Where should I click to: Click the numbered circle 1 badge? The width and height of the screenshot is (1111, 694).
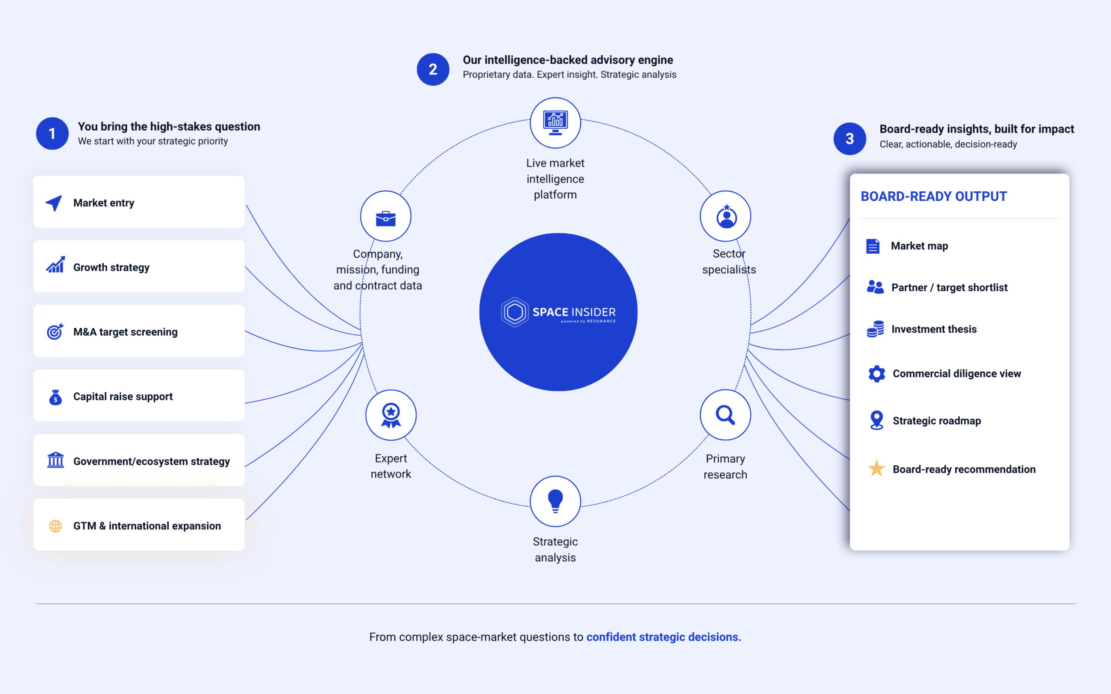(53, 134)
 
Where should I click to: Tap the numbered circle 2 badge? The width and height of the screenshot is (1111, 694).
(433, 69)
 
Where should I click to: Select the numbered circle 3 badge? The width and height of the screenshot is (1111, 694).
(850, 139)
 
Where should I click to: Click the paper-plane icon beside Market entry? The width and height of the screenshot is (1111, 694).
(54, 203)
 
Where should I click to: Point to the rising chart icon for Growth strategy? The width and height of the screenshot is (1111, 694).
(56, 265)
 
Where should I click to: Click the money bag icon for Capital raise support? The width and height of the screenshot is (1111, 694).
(56, 397)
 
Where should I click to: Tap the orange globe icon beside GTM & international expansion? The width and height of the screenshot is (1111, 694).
(56, 526)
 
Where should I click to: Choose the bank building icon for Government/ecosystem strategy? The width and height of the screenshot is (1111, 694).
(56, 460)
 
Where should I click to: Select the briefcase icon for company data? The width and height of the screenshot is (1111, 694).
(386, 219)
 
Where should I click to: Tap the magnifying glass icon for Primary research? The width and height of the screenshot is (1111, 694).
(725, 415)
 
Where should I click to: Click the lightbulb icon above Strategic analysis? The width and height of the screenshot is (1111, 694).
(555, 501)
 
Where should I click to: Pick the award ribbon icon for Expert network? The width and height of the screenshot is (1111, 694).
(391, 416)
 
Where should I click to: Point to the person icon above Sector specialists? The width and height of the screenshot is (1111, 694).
(726, 216)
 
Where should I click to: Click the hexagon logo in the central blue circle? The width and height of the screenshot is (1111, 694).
(515, 312)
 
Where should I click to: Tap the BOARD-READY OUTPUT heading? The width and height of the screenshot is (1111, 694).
(934, 196)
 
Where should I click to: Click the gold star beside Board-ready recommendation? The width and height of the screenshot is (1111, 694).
(876, 468)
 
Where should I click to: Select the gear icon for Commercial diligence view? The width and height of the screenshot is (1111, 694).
(876, 373)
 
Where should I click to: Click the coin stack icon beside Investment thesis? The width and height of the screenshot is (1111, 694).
(875, 329)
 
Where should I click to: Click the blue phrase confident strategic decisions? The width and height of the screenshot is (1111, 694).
(664, 637)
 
